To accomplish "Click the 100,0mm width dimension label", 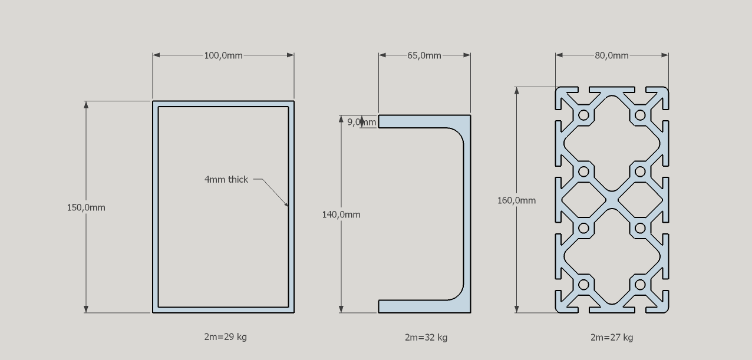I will point(223,55).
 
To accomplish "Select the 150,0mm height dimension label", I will point(86,207).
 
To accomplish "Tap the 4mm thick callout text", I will point(226,179).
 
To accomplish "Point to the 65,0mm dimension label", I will point(424,55).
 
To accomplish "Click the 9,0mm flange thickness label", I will point(361,122).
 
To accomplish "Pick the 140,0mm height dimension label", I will point(341,214).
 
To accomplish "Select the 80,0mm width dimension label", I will point(611,55).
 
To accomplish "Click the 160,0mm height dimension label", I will point(516,200).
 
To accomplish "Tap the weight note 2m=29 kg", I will point(225,336).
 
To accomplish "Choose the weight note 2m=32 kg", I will point(426,337).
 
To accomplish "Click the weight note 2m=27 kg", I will point(611,337).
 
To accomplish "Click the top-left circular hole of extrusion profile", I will point(583,115).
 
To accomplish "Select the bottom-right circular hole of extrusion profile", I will point(640,285).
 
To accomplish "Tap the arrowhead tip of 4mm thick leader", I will point(288,206).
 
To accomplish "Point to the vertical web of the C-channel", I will point(467,214).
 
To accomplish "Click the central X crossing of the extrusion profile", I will point(612,200).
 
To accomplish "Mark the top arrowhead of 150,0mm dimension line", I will point(86,104).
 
